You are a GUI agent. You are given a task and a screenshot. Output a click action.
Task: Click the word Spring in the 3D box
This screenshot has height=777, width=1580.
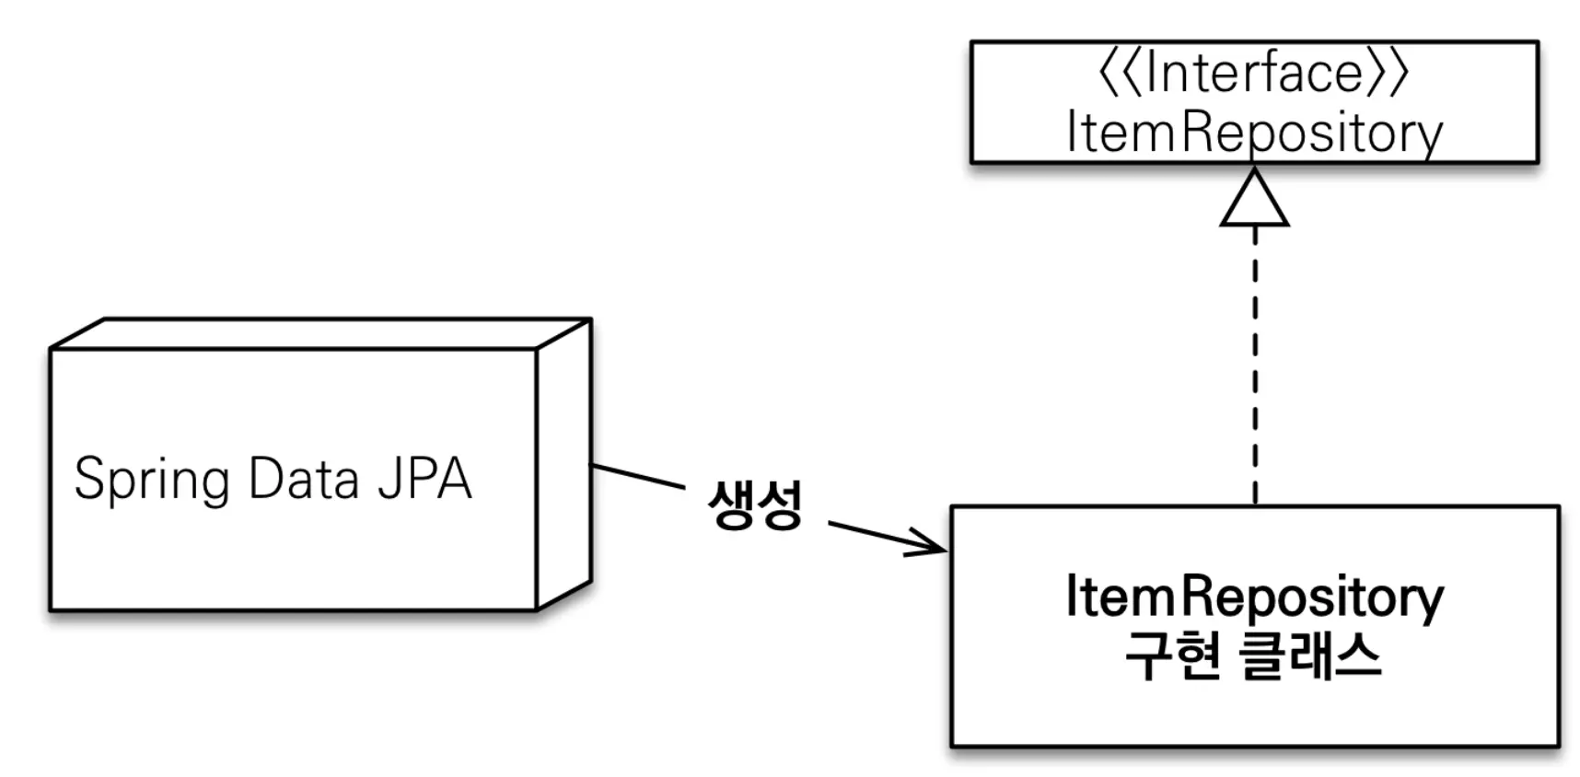click(151, 480)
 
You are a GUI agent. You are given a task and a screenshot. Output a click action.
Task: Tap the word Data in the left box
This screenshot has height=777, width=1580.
click(303, 479)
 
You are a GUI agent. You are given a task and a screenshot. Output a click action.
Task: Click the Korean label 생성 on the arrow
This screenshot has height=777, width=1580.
click(755, 504)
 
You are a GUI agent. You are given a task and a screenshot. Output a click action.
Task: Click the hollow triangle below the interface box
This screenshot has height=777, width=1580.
click(1254, 201)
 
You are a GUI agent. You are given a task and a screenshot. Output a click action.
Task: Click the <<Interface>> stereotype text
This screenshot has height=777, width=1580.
click(1254, 74)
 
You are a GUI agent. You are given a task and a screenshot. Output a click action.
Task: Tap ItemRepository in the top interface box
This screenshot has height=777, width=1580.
click(1254, 133)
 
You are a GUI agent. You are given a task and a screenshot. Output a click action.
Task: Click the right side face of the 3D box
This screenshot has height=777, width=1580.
click(563, 465)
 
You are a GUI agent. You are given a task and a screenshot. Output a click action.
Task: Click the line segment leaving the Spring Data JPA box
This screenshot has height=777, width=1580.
click(637, 476)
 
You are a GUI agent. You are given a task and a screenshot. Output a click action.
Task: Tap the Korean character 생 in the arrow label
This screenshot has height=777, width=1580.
click(731, 504)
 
